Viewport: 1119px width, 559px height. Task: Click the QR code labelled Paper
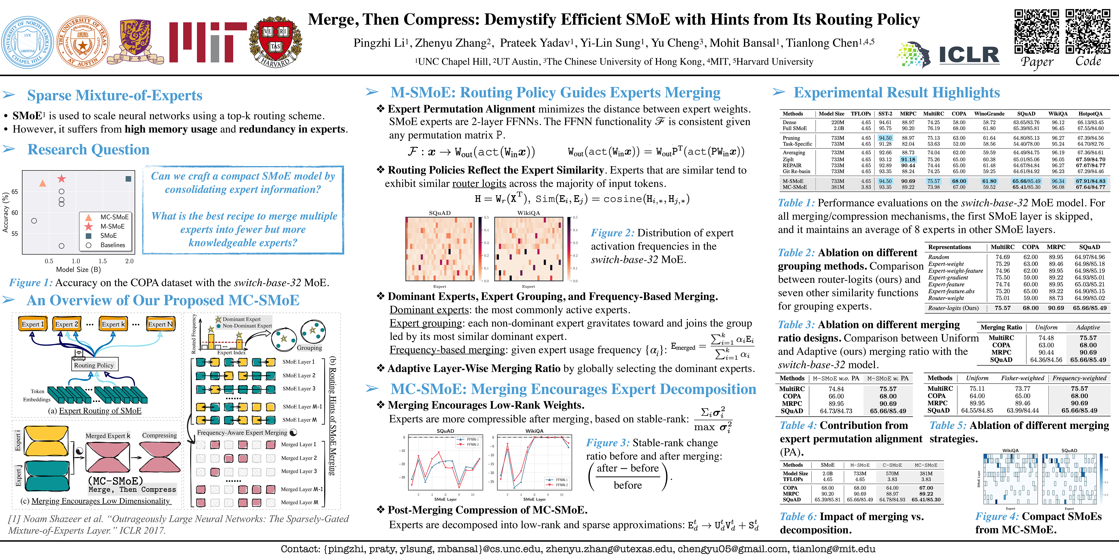pos(1036,31)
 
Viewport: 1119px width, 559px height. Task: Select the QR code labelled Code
pos(1088,31)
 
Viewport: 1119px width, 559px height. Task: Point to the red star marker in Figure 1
pos(62,178)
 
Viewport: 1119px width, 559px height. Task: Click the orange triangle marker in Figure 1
pos(43,183)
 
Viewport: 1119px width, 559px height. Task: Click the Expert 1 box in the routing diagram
pos(33,324)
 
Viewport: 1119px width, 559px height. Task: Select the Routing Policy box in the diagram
pos(94,365)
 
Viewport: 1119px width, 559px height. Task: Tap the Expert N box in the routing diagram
pos(160,324)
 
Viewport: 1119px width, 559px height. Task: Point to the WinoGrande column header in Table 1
pos(989,114)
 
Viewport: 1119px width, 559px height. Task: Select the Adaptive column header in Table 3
pos(1088,327)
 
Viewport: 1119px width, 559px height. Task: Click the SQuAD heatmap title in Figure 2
pos(440,213)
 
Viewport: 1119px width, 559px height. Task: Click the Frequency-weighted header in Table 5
pos(1079,378)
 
